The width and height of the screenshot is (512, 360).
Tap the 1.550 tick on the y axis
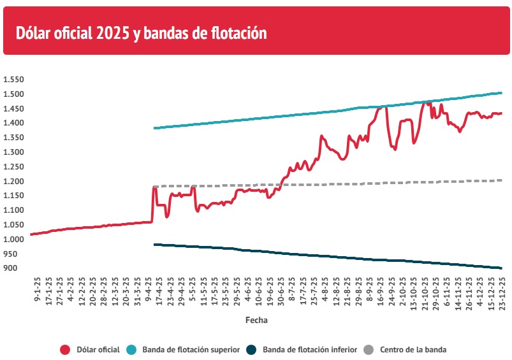coord(13,80)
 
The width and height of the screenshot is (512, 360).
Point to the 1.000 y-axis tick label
coord(13,239)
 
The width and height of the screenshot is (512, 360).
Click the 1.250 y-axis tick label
coord(13,166)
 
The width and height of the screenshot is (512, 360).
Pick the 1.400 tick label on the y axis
coord(13,123)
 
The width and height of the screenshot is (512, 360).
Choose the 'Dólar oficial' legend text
coord(98,349)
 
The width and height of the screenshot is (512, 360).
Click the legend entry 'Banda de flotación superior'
coord(191,349)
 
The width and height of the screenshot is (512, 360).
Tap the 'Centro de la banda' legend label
coord(413,349)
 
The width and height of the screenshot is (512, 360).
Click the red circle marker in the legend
coord(65,349)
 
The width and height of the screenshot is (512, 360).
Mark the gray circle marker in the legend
coord(369,349)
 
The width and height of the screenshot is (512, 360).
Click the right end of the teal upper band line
coord(501,93)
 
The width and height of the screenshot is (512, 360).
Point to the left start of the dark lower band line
coord(154,244)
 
